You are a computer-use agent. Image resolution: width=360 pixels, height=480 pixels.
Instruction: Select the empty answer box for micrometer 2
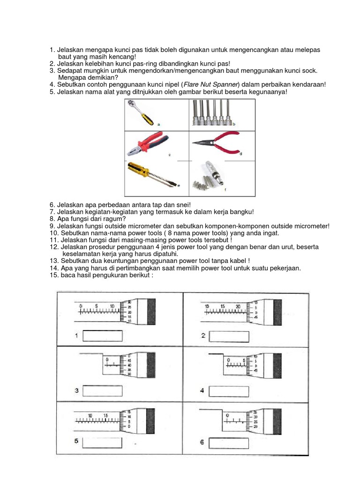(230, 336)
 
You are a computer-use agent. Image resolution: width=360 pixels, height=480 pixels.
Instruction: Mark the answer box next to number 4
(229, 390)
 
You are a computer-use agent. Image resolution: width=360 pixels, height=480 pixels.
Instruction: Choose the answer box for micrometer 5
(102, 442)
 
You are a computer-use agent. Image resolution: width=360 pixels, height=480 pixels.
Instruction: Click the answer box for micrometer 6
(229, 442)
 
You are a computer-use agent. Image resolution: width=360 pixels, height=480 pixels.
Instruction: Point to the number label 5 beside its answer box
(76, 442)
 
